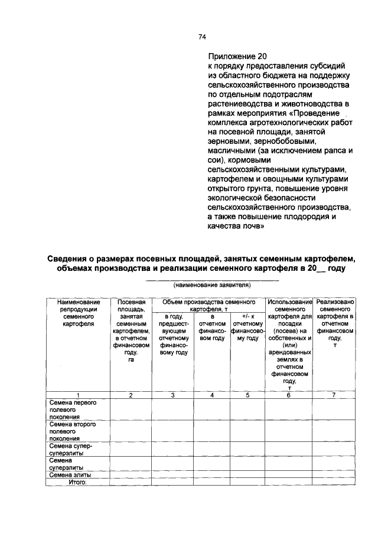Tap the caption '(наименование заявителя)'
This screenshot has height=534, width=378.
click(x=211, y=284)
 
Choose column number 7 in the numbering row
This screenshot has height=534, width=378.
click(x=334, y=395)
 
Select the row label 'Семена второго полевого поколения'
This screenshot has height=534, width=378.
click(x=69, y=431)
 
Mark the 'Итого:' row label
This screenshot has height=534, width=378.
click(x=77, y=482)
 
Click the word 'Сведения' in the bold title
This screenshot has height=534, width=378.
click(x=71, y=258)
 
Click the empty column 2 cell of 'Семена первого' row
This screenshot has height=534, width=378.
click(x=131, y=409)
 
